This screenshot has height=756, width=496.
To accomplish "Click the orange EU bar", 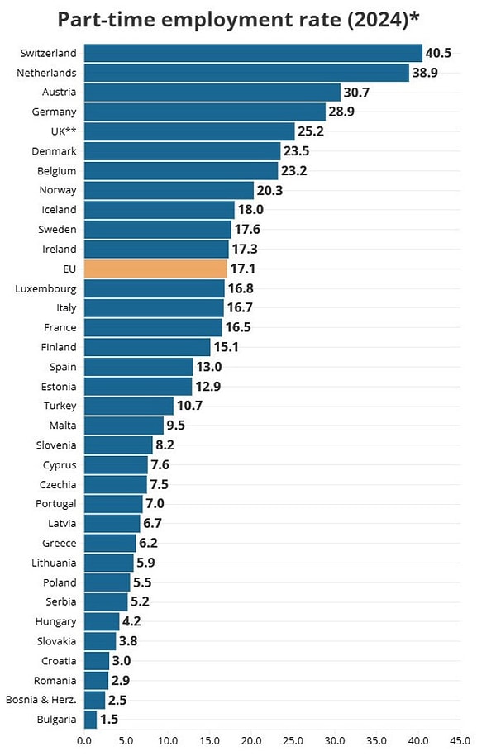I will point(155,269).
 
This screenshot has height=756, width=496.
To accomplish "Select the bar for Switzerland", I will point(253,53).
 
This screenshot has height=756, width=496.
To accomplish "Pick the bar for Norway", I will point(169,190).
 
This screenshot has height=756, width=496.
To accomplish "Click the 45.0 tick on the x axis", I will point(460,740).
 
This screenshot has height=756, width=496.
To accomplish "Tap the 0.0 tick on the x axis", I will point(84,740).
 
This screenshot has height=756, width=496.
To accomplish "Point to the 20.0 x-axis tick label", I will point(251,740).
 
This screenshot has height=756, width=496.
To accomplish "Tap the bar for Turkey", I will point(129,406).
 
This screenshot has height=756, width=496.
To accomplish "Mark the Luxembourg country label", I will point(46,288).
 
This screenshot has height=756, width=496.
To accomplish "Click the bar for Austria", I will point(212,92).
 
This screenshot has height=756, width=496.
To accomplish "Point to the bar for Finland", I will point(147,347).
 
